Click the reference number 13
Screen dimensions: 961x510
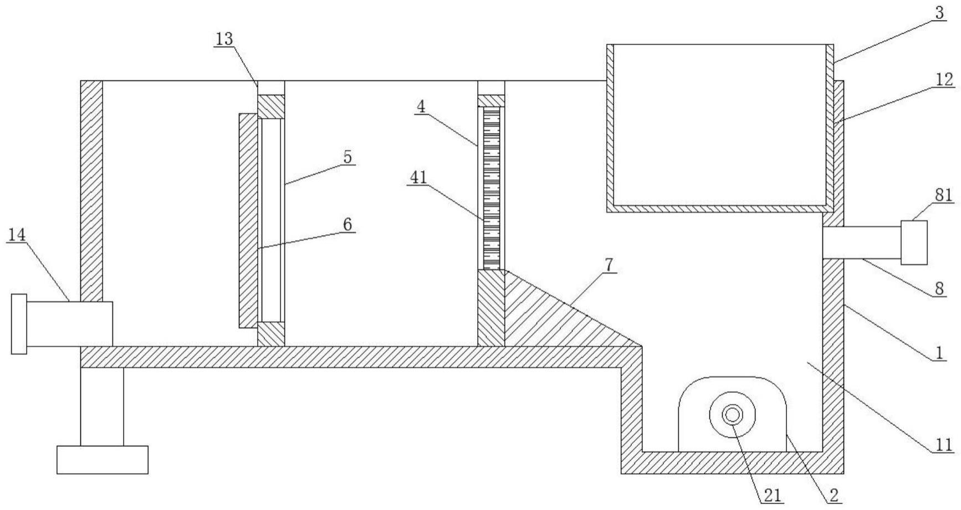coord(224,39)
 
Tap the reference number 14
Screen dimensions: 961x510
coord(17,235)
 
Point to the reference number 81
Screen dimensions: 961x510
coord(944,195)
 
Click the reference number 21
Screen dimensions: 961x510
coord(773,496)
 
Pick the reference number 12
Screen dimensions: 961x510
coord(944,80)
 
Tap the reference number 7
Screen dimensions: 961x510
coord(609,265)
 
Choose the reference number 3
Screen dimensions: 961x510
coord(940,13)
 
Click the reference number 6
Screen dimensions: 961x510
coord(347,224)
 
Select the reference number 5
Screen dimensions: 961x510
coord(347,157)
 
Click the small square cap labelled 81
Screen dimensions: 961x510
coord(914,243)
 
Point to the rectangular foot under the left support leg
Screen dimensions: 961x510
coord(103,460)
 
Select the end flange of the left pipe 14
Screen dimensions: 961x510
coord(19,324)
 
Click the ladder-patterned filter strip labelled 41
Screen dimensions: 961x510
coord(492,188)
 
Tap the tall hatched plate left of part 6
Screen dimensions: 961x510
coord(248,220)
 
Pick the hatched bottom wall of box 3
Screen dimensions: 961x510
coord(717,208)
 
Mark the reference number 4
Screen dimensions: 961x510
coord(422,106)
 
